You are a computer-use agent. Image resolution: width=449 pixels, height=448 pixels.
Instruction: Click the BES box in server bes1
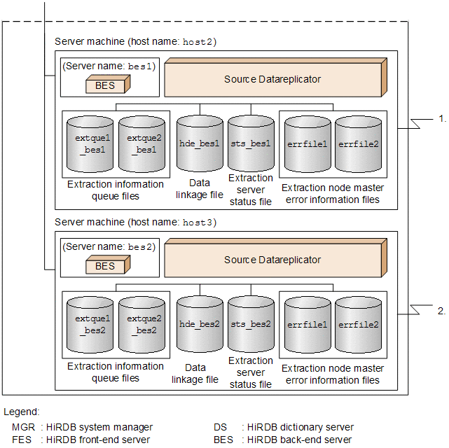pyautogui.click(x=104, y=86)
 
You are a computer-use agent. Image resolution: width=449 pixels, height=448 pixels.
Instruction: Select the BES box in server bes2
pyautogui.click(x=104, y=267)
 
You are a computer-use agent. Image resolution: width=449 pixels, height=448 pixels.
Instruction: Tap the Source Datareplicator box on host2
pyautogui.click(x=272, y=79)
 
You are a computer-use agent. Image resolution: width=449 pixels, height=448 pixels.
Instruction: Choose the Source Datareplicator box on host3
pyautogui.click(x=272, y=260)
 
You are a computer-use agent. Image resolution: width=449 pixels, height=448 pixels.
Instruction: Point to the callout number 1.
pyautogui.click(x=441, y=118)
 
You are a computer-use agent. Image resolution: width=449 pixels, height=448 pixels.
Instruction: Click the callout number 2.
pyautogui.click(x=441, y=310)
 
